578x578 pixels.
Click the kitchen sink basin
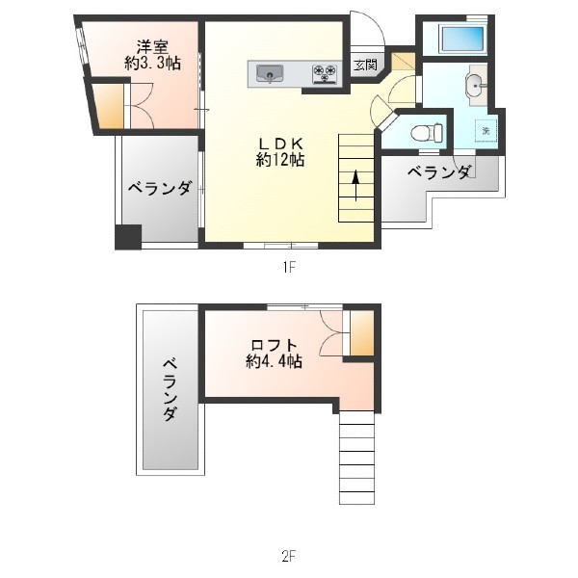[270, 74]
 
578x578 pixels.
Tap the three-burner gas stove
[325, 74]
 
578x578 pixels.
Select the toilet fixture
[427, 133]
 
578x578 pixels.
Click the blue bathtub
[462, 39]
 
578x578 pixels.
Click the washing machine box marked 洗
[486, 130]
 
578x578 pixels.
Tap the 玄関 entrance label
[365, 66]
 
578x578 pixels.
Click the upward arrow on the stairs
[355, 185]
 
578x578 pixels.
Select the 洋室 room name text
[152, 47]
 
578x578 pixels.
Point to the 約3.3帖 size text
[152, 64]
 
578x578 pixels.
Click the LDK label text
[280, 143]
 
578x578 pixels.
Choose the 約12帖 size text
[280, 160]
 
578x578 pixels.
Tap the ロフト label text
[274, 346]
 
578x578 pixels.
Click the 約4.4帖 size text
[274, 361]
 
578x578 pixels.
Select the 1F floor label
[289, 267]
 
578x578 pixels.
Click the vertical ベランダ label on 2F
[170, 390]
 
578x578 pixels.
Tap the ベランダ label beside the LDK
[160, 188]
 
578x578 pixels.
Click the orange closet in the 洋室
[107, 106]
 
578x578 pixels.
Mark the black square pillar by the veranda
[128, 237]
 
